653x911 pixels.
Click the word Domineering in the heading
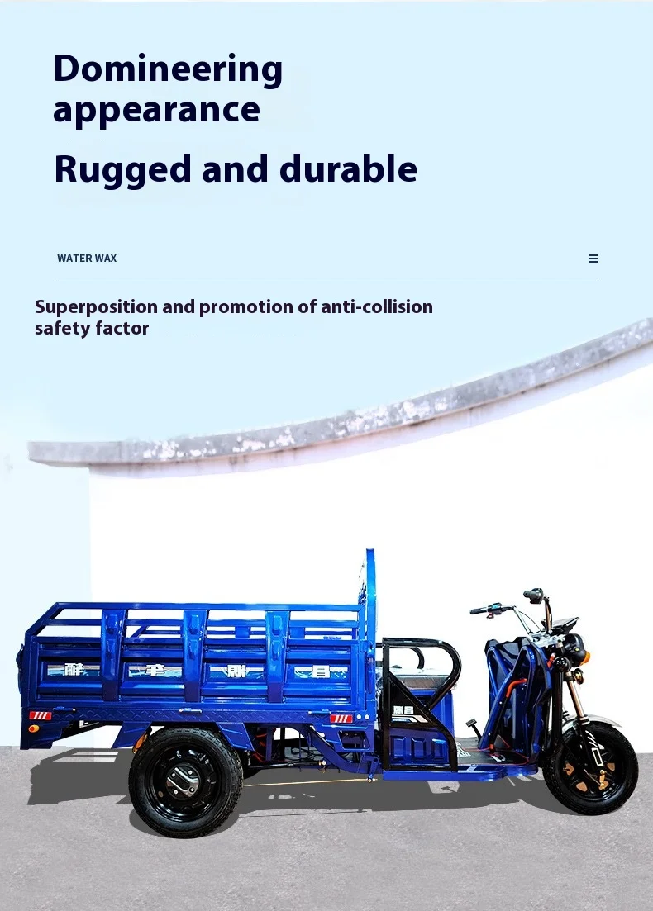point(168,69)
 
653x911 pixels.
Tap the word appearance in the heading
point(156,111)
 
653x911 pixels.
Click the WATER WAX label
point(87,259)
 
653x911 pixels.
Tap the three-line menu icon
point(593,259)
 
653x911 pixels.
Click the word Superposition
point(96,306)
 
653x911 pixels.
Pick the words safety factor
point(92,328)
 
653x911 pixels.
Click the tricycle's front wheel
point(590,768)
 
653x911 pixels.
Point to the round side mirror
point(534,595)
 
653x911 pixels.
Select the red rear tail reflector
point(40,715)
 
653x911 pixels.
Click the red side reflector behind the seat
point(341,719)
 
